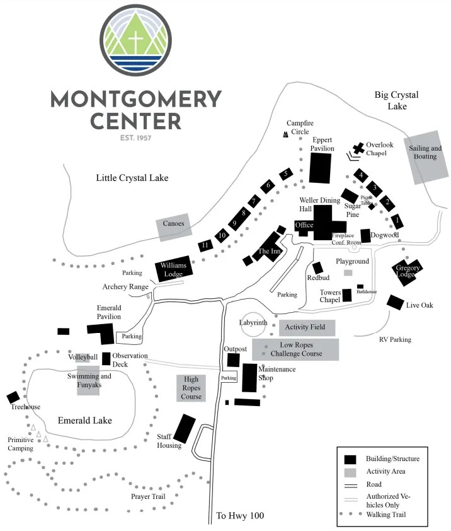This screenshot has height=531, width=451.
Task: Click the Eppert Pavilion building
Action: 320,167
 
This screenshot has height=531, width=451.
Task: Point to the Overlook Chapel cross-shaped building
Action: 358,149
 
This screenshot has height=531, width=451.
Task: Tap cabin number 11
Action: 205,245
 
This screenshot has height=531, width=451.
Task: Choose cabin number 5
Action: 286,173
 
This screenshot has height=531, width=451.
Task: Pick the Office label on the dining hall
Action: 304,225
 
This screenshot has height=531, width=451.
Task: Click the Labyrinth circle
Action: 254,324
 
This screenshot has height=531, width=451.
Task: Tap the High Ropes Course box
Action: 191,388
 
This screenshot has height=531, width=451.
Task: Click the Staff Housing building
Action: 185,429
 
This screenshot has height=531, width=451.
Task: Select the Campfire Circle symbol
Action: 285,134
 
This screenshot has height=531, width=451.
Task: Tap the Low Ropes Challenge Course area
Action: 295,349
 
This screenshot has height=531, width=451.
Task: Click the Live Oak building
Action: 395,302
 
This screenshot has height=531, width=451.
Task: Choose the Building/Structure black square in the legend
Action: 351,459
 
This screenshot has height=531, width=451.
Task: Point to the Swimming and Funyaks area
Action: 88,380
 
